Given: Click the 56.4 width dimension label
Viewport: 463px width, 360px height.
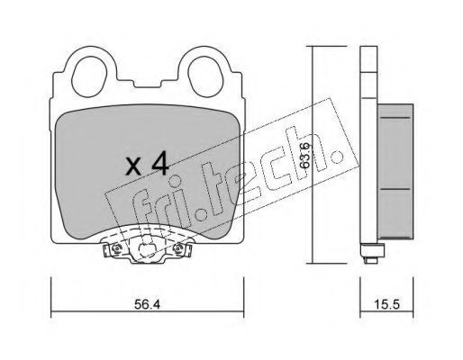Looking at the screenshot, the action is pos(147,305).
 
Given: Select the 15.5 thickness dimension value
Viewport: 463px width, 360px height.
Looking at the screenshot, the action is pos(387,305).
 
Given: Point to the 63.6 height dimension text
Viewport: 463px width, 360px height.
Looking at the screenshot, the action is pos(304,156).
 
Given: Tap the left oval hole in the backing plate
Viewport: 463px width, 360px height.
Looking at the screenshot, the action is pos(90,76).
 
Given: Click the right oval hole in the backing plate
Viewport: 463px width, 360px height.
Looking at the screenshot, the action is pos(205,76).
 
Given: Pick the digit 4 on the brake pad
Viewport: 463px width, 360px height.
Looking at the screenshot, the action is pos(159,165).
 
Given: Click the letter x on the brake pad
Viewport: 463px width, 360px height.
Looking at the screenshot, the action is pos(133,167).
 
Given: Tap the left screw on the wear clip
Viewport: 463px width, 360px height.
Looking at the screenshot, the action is pos(116,248).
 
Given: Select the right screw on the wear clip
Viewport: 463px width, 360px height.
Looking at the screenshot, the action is pos(178,248).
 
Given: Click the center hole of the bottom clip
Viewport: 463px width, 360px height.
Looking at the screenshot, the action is pos(147,248).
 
